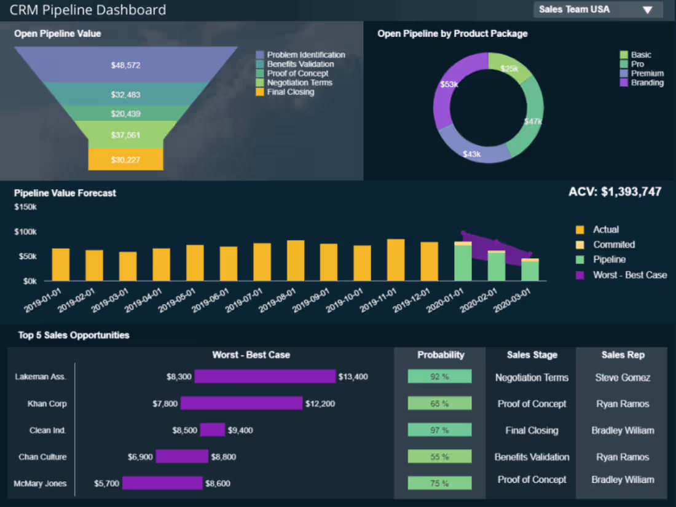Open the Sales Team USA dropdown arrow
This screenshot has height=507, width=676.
point(647,10)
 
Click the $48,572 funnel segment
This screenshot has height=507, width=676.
point(125,65)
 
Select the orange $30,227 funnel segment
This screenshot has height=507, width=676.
point(125,160)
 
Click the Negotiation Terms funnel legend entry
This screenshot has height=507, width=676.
point(299,82)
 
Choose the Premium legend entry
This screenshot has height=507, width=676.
point(647,73)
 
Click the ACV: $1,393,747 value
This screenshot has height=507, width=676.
point(615,192)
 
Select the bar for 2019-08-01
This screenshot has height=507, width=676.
point(296,261)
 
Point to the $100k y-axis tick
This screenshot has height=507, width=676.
point(25,232)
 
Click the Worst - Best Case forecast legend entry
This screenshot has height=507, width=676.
point(629,275)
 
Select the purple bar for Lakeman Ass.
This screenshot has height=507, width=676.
point(265,377)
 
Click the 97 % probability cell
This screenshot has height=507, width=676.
point(439,430)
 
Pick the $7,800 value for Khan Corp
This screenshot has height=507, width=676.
point(165,404)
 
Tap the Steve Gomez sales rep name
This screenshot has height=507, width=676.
point(622,377)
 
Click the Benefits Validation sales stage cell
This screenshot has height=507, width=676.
point(532,457)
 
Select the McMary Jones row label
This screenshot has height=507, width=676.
point(40,484)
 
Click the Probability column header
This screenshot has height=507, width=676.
point(440,355)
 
